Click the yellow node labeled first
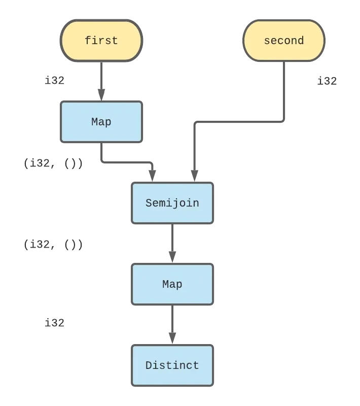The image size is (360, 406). point(101,41)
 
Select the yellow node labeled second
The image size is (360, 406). point(283,41)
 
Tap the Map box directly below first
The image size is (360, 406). point(101,122)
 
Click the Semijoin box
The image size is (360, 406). point(172,203)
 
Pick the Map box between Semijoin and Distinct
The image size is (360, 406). point(172,284)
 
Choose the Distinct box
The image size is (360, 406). point(172,365)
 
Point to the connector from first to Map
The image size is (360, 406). point(101,81)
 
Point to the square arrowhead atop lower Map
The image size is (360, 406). point(172,254)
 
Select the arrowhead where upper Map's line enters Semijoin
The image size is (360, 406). point(152,174)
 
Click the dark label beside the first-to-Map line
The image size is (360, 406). point(55,79)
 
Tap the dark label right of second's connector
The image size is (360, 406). point(327,79)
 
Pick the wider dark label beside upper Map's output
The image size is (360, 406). point(41,164)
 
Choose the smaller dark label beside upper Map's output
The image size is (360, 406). point(75,164)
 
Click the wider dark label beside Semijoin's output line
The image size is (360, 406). point(41,246)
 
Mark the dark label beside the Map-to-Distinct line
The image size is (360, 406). point(55,322)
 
